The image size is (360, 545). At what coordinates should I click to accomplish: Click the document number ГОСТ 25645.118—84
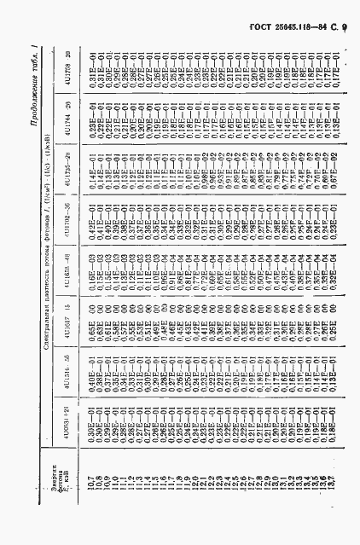(293, 16)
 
